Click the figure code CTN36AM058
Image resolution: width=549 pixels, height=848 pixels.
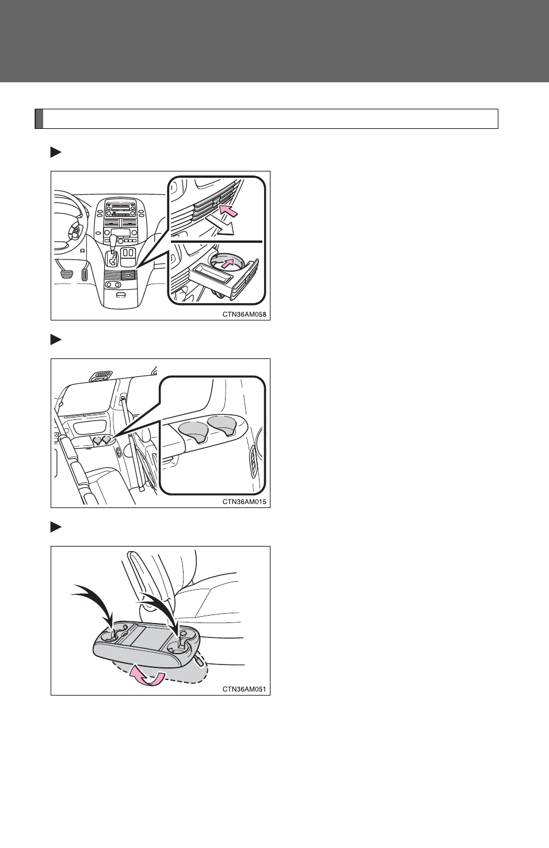coord(244,314)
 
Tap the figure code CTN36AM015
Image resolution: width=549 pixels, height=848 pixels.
coord(244,502)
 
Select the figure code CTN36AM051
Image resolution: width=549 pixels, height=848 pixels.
coord(244,689)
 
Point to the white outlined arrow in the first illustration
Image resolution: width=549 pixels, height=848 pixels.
coord(221,226)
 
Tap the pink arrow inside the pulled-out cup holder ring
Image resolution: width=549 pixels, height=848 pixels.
coord(227,263)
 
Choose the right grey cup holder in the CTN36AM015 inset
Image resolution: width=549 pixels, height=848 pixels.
coord(222,424)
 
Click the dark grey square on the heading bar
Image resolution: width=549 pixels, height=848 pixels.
coord(39,119)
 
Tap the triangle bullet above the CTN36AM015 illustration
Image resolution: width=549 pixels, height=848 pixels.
coord(56,340)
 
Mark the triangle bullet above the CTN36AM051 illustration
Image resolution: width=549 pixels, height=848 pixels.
coord(56,528)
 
